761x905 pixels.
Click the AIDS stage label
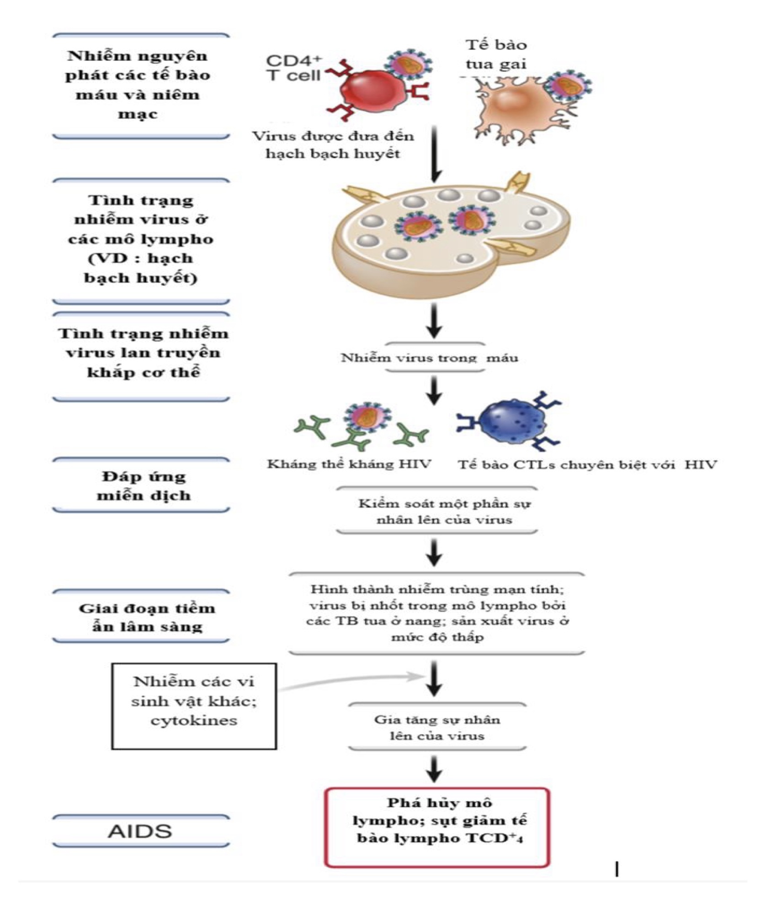(x=140, y=830)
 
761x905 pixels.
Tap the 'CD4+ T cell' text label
(x=293, y=68)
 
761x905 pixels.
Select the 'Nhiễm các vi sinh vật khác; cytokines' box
(x=194, y=706)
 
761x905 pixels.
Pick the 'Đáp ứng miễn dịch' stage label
(x=143, y=485)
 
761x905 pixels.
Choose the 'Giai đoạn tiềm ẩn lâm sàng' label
(x=146, y=617)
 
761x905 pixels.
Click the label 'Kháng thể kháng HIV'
(x=349, y=464)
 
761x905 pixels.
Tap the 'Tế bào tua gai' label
(x=496, y=54)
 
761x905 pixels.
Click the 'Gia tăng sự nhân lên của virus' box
(x=437, y=728)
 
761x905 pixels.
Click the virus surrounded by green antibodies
(x=367, y=417)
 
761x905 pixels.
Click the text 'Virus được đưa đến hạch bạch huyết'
(x=333, y=144)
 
